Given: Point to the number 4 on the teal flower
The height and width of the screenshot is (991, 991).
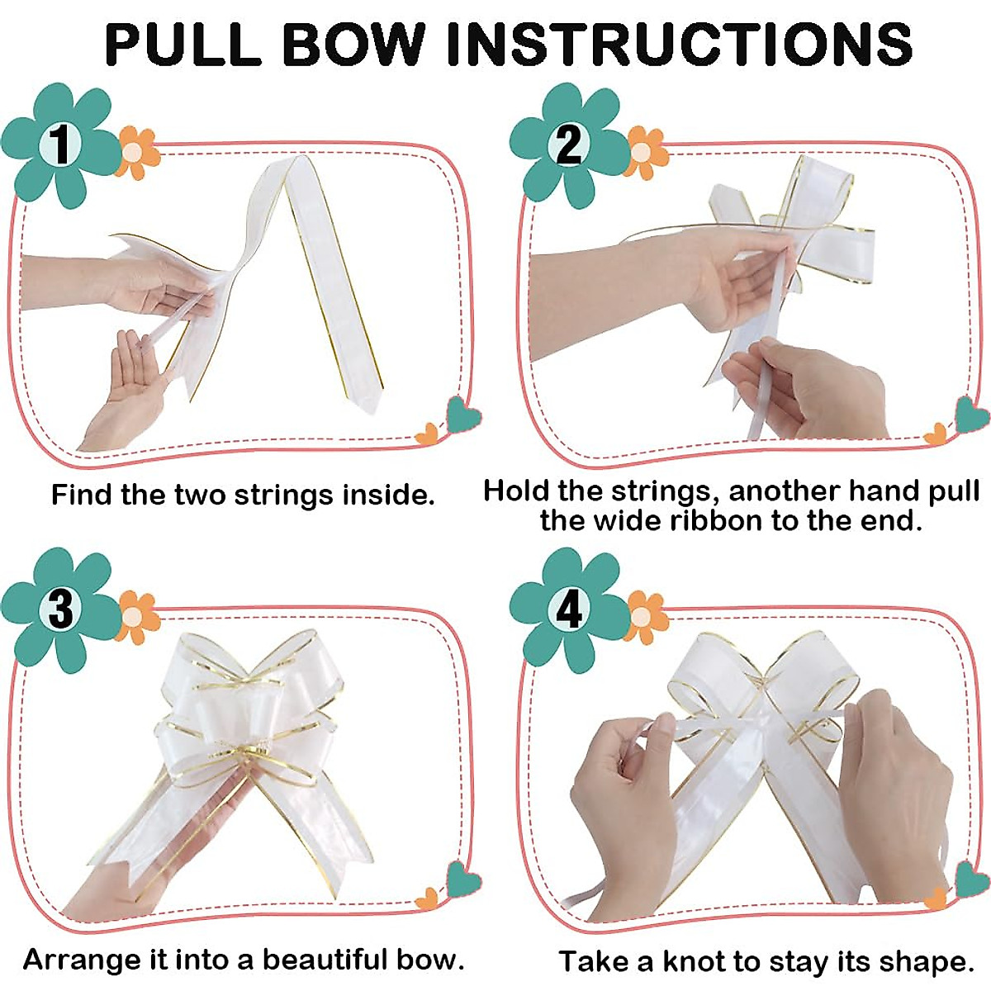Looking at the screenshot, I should [569, 610].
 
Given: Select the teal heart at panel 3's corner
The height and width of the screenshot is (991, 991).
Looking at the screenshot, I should [463, 879].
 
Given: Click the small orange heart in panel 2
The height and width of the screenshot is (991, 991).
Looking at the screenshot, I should [936, 434].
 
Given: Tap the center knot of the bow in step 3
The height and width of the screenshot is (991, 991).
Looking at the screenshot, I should [245, 747].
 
